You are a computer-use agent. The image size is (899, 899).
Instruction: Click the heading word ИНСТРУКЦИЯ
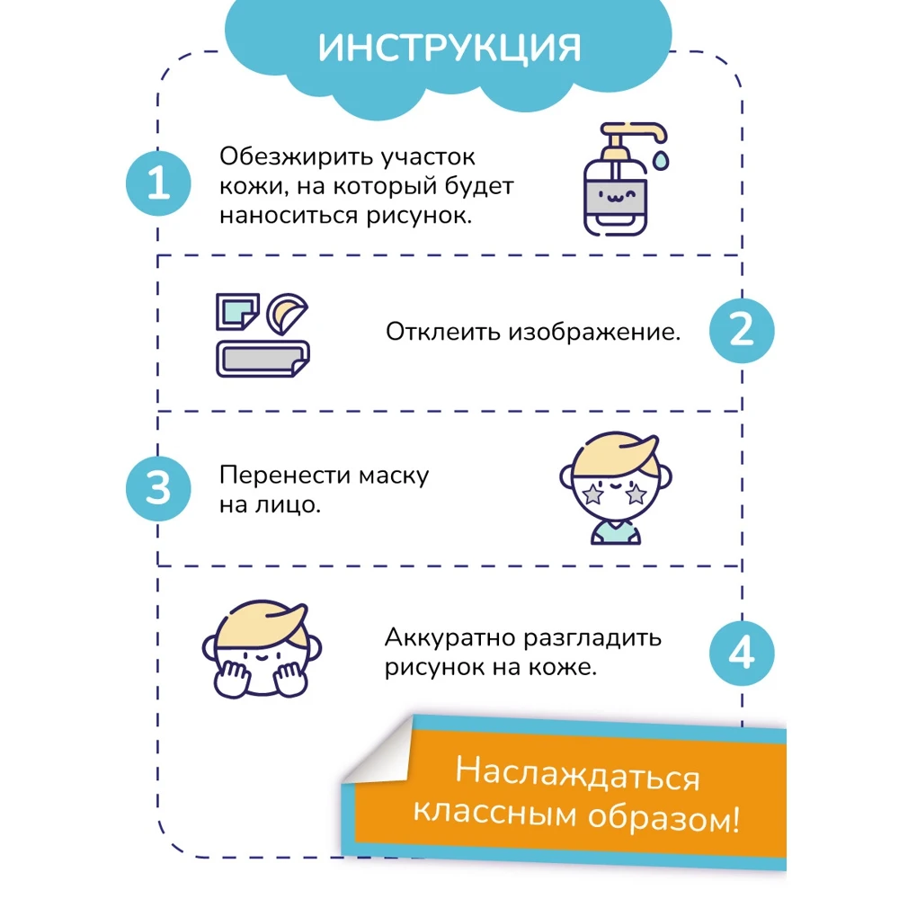point(449,49)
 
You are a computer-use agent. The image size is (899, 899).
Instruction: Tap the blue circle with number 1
point(158,185)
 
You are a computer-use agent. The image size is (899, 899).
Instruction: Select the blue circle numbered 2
point(741,331)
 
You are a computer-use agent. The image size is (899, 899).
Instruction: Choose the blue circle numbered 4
point(741,654)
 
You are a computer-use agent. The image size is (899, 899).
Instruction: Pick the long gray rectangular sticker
point(261,360)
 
